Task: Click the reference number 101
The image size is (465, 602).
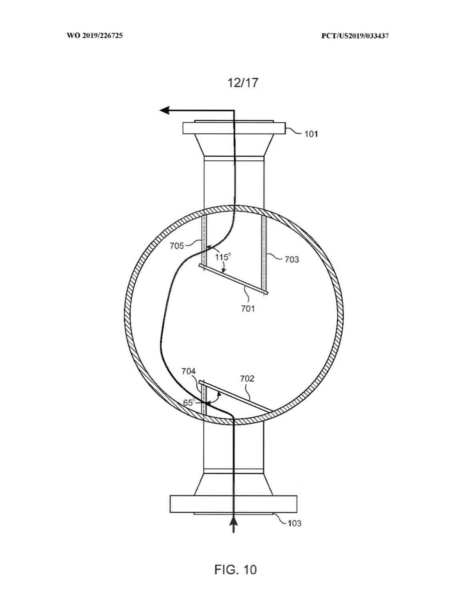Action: point(311,134)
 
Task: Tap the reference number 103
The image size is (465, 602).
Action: point(294,523)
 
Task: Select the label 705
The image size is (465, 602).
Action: point(177,246)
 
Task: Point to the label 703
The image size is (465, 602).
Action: point(292,259)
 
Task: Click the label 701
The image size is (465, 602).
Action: point(248,308)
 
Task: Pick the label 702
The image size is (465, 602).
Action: point(247,378)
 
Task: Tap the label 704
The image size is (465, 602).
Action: point(189,371)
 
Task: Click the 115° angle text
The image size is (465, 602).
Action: point(223,257)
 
